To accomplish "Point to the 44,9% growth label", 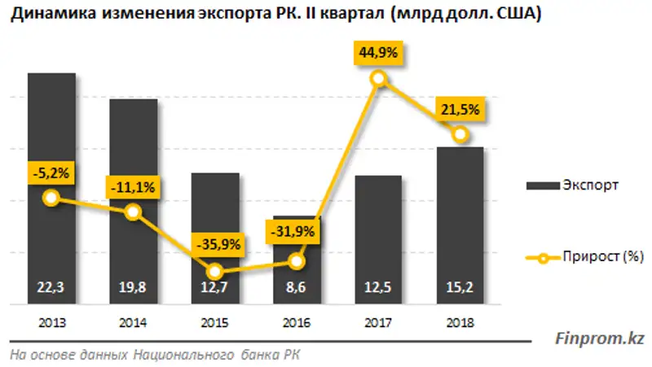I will pyautogui.click(x=377, y=54).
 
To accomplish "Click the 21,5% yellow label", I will pyautogui.click(x=460, y=109).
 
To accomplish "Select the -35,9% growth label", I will pyautogui.click(x=215, y=243).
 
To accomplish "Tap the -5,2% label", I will pyautogui.click(x=51, y=172).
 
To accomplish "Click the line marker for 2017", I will pyautogui.click(x=378, y=79).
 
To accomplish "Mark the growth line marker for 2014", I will pyautogui.click(x=134, y=213).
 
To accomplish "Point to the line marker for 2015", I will pyautogui.click(x=215, y=271).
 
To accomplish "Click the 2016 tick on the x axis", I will pyautogui.click(x=297, y=321).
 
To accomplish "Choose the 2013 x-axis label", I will pyautogui.click(x=51, y=321).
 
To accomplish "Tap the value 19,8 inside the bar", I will pyautogui.click(x=134, y=286).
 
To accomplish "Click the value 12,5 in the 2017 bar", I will pyautogui.click(x=378, y=286).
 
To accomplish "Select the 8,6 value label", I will pyautogui.click(x=297, y=286).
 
